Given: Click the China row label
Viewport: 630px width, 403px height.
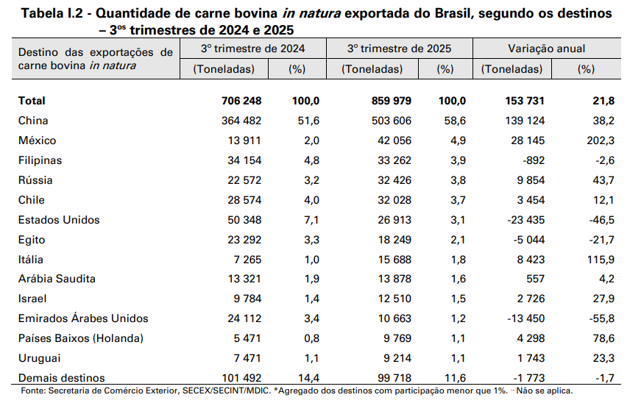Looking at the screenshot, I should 32,121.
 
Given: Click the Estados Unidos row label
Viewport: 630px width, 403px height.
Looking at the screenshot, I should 58,220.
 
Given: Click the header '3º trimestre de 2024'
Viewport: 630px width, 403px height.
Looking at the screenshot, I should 253,49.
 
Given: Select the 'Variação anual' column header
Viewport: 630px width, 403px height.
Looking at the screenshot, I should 547,49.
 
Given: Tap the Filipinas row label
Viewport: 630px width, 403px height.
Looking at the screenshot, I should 40,160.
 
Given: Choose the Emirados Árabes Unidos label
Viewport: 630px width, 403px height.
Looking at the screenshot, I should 82,318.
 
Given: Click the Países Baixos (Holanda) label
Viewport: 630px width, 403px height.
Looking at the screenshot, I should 80,338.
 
